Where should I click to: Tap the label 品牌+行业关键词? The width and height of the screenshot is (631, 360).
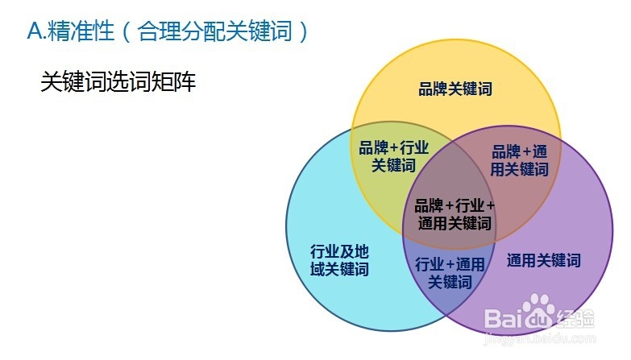393,157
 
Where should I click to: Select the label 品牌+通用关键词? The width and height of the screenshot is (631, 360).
520,160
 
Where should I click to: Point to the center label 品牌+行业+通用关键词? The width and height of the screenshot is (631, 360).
455,214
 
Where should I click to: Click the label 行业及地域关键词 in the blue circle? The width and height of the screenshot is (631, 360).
339,260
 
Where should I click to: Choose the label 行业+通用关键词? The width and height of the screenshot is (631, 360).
450,273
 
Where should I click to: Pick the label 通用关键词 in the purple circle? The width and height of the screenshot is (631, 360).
543,260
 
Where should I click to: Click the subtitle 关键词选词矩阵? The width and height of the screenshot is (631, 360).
118,82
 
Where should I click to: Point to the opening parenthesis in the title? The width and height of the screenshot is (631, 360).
129,32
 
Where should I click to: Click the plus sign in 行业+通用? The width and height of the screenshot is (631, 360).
450,264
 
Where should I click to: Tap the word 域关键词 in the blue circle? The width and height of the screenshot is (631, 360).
339,269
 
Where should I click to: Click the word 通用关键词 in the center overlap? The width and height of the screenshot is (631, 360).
455,223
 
